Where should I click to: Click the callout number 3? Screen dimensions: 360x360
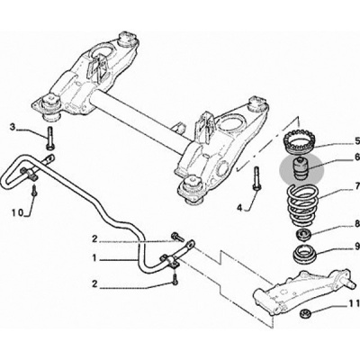[x=13, y=127]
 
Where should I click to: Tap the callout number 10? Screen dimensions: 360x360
[x=17, y=212]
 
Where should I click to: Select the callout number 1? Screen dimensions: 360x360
[x=94, y=258]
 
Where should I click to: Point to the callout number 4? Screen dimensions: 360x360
[x=239, y=207]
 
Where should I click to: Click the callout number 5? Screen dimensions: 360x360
[x=357, y=140]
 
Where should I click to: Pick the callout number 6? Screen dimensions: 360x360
[x=357, y=157]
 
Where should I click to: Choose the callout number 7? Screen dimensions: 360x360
[x=357, y=186]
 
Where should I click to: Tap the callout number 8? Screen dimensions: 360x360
[x=357, y=223]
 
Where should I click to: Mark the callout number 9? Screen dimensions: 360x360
[x=357, y=247]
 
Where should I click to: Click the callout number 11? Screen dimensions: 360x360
[x=355, y=304]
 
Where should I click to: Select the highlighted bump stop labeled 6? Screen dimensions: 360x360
[x=301, y=169]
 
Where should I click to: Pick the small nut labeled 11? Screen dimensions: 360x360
[x=305, y=313]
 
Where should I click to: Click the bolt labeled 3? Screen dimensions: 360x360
[x=49, y=138]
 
